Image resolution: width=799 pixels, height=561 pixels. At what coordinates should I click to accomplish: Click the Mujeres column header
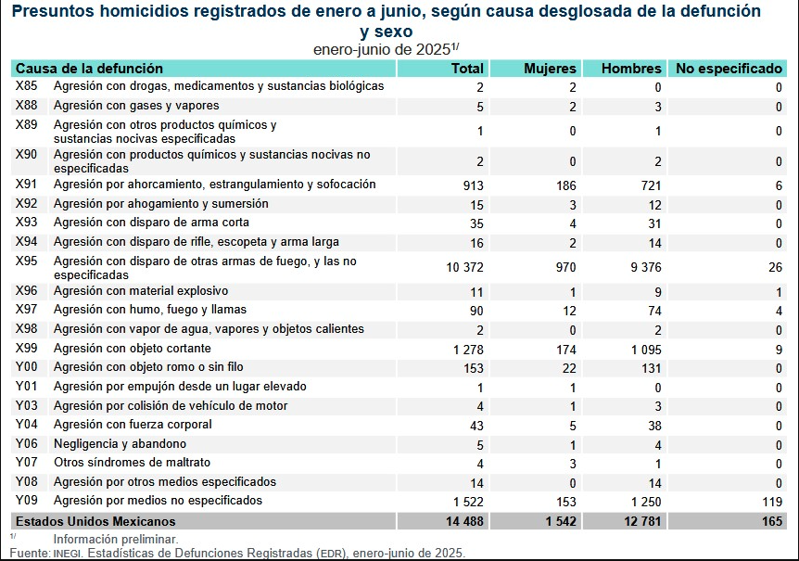(x=550, y=69)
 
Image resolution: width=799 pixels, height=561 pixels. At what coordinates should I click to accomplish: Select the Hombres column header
(x=631, y=69)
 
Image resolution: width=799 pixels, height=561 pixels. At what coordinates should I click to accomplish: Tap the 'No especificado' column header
(x=729, y=69)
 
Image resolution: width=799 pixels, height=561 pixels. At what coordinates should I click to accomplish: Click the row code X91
(x=27, y=185)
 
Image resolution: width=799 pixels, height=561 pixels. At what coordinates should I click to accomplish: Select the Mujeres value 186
(x=564, y=185)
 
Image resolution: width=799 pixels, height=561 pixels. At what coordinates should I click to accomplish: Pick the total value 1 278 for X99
(x=469, y=349)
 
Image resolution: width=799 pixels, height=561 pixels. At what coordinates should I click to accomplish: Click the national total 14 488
(x=464, y=521)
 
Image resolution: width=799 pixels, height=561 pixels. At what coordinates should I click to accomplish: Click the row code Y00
(x=27, y=367)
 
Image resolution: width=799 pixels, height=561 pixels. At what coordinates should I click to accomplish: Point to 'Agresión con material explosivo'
(x=141, y=291)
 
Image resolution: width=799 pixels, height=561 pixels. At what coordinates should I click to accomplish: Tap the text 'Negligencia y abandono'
(x=120, y=443)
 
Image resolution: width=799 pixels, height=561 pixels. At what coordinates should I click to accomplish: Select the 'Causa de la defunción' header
(x=89, y=69)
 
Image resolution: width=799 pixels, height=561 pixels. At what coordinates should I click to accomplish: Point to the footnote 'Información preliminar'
(x=116, y=539)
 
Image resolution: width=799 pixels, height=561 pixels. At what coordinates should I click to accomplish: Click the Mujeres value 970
(x=564, y=268)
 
